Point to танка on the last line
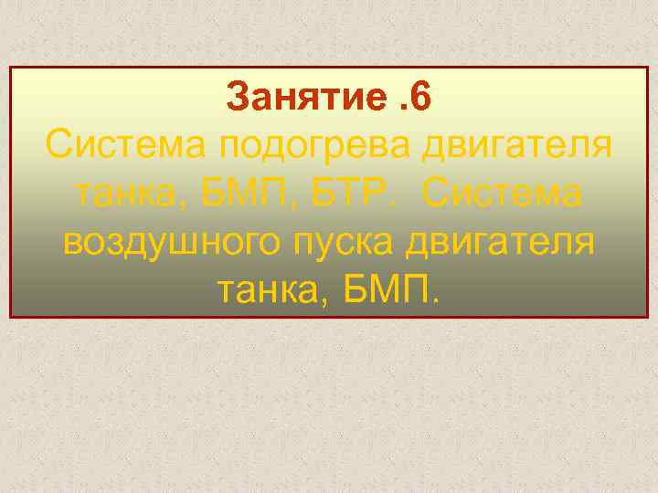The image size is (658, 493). [x=270, y=291]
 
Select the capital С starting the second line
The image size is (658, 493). [x=58, y=145]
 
